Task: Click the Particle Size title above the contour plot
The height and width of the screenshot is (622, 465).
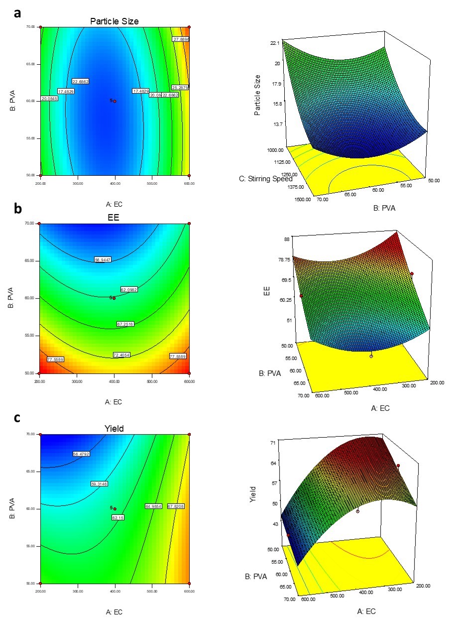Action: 114,21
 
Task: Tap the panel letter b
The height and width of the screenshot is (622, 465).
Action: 18,209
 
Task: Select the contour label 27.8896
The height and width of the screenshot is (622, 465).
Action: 181,39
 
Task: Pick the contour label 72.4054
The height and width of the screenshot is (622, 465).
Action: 115,355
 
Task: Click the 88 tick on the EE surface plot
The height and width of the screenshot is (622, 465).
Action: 285,240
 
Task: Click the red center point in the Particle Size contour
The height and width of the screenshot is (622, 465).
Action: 115,101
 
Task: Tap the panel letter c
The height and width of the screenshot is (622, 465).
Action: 17,418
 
